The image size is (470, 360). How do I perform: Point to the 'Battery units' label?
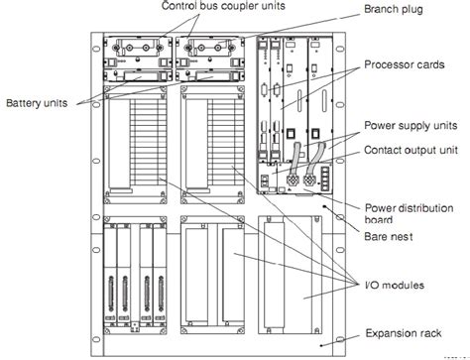click(39, 102)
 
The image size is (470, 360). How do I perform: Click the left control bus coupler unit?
click(136, 51)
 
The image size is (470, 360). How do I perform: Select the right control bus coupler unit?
click(210, 51)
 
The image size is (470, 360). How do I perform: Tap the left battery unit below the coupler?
click(136, 74)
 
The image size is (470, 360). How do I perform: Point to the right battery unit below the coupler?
click(210, 74)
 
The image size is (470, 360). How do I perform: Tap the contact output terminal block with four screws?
click(322, 181)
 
